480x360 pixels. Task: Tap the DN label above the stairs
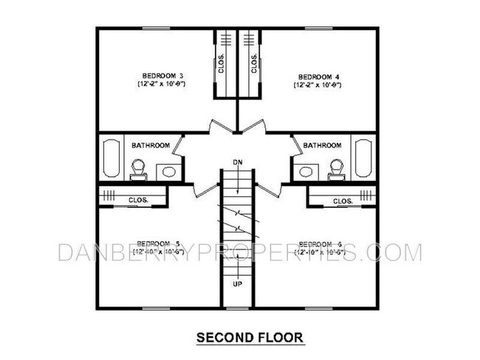pos(237,161)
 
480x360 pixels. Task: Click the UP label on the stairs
pos(237,283)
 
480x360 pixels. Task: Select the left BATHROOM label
pos(151,145)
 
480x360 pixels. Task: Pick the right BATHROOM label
pos(322,145)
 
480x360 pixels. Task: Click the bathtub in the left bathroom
pos(111,159)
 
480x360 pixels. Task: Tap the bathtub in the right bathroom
pos(364,159)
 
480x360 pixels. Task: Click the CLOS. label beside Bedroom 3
pos(222,65)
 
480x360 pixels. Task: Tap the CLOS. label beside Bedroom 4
pos(253,65)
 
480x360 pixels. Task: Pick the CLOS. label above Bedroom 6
pos(342,201)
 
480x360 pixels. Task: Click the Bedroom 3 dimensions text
pos(160,85)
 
